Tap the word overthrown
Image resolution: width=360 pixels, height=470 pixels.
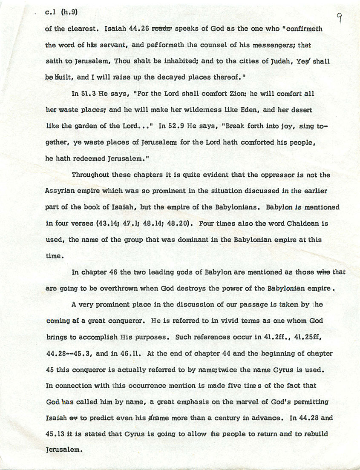tap(121, 288)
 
